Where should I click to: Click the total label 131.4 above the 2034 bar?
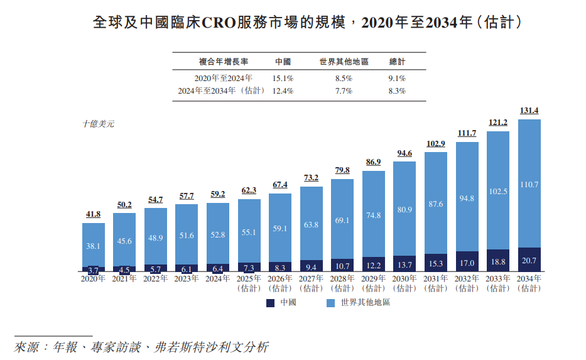coord(529,111)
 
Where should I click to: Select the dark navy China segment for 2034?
coord(529,259)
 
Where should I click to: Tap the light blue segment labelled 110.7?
coord(529,184)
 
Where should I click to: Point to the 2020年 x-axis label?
coord(93,278)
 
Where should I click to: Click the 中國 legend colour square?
coord(271,303)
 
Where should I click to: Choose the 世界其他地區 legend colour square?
coord(330,303)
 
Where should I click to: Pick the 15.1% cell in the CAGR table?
coord(283,79)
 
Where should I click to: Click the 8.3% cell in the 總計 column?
coord(397,91)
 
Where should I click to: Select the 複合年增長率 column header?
coord(224,62)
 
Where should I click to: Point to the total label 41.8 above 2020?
coord(93,214)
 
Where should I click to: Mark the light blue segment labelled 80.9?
coord(404,209)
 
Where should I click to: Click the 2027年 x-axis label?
coord(311,278)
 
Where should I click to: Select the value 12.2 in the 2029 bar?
coord(373,266)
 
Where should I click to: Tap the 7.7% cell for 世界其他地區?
coord(344,91)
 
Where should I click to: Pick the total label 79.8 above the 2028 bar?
coord(342,170)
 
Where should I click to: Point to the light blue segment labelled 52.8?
coord(217,235)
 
